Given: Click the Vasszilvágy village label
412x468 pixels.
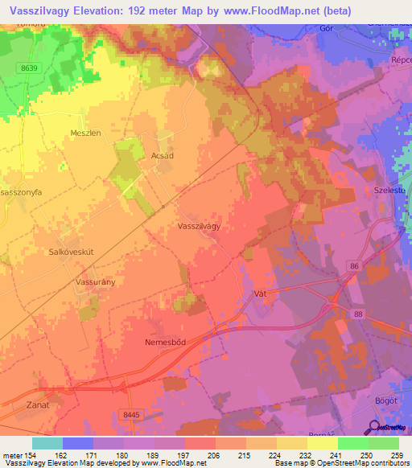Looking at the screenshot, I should (199, 227).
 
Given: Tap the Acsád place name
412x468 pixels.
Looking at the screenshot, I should (163, 157).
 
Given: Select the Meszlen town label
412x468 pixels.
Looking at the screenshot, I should (84, 133).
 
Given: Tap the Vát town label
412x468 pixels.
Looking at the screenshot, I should (259, 294).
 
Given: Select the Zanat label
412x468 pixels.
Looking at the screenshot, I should (38, 404).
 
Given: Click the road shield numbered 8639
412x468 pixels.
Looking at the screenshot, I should (29, 69).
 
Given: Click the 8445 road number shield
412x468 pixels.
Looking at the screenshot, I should (132, 414).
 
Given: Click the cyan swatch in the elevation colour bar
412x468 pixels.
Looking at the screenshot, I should (47, 443).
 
